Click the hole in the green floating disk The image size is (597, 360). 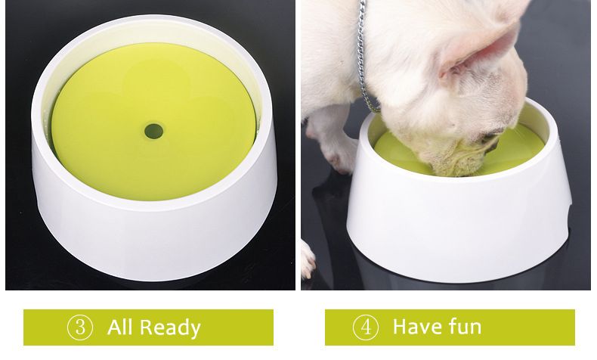click(154, 130)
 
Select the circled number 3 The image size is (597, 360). click(80, 327)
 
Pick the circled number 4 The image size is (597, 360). click(366, 327)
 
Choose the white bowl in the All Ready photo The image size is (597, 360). click(151, 227)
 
